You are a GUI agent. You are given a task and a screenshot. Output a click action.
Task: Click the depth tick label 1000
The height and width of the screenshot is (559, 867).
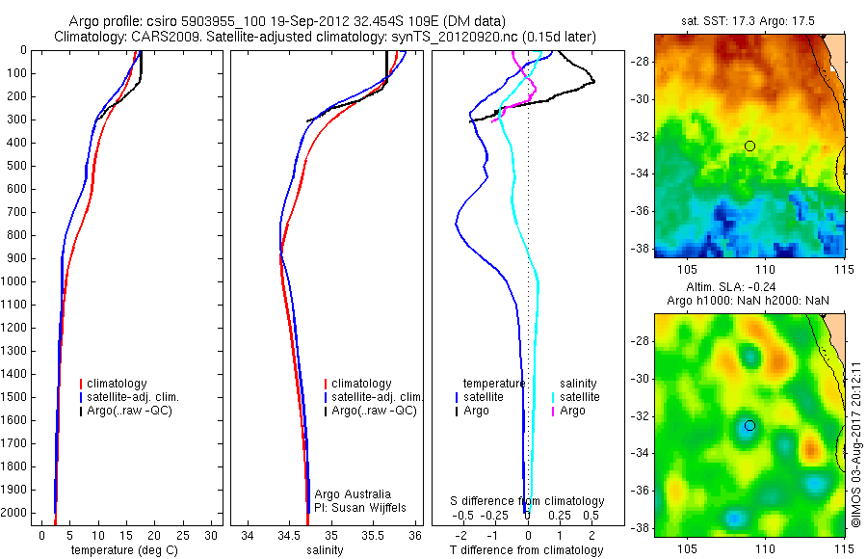coord(16,281)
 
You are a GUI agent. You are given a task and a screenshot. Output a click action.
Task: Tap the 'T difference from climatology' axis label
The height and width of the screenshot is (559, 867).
coord(527,550)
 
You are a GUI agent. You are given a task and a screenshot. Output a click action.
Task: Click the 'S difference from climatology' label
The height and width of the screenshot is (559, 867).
coord(528,501)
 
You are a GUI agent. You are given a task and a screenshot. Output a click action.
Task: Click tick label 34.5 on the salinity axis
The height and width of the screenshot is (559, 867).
coord(289,534)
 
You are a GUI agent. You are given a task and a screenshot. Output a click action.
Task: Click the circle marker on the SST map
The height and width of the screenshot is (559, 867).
coord(749,146)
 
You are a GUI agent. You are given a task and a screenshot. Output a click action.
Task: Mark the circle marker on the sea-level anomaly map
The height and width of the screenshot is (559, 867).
coord(749,425)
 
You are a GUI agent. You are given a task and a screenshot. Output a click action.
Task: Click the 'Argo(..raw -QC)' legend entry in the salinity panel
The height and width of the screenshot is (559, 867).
coord(373,411)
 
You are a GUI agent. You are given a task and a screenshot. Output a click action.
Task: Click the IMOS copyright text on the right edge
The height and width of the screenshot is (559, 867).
coord(855,443)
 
